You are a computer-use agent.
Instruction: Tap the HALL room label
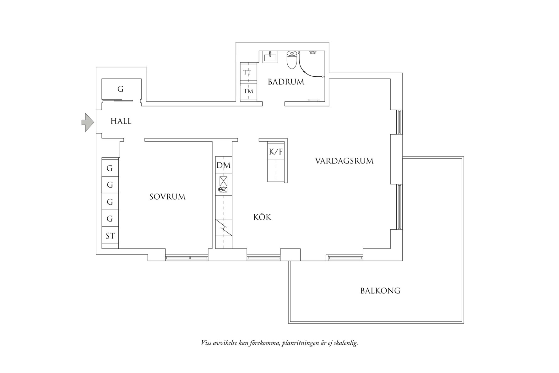click(x=121, y=121)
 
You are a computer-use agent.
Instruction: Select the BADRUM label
click(x=286, y=82)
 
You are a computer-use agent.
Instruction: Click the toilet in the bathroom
click(x=292, y=60)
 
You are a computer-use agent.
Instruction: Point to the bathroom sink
click(x=270, y=57)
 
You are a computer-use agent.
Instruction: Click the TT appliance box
click(x=248, y=72)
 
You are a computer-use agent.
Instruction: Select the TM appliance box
click(x=248, y=91)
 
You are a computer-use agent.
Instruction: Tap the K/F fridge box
click(x=276, y=152)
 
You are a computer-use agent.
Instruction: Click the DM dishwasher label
click(x=223, y=165)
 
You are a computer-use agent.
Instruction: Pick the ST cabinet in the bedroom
click(x=110, y=236)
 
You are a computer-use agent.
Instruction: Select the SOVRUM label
click(x=167, y=197)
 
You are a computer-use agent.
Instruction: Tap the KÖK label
click(x=262, y=217)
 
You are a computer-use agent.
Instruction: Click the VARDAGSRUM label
click(x=344, y=161)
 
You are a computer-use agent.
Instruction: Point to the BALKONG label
click(x=380, y=291)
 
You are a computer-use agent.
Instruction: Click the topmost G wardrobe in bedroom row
click(x=110, y=168)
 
